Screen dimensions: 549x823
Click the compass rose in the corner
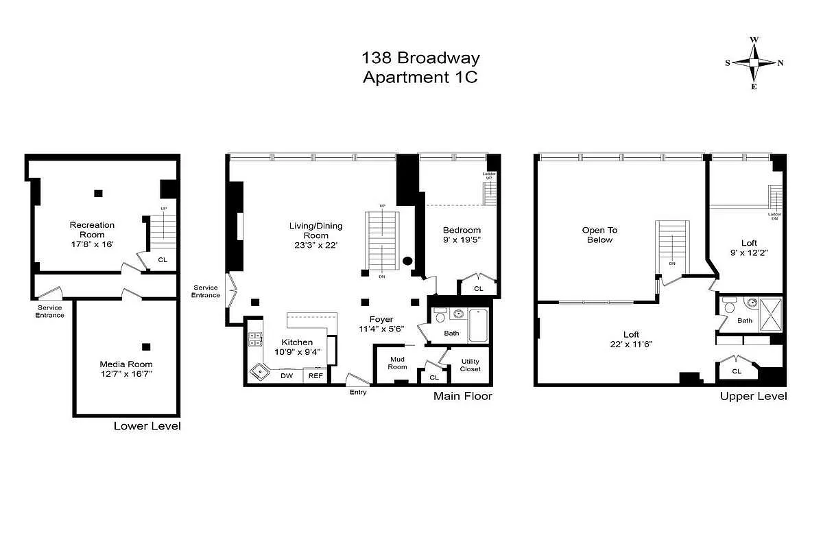753,62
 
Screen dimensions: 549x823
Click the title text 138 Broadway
421,58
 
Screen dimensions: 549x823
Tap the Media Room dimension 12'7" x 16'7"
126,374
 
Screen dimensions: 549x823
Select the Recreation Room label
92,229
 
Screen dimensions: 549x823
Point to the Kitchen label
297,342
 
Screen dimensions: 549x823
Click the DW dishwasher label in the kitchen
287,375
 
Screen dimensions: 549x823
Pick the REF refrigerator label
315,375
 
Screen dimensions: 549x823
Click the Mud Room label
398,363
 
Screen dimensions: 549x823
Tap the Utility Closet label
470,365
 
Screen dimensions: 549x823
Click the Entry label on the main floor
358,392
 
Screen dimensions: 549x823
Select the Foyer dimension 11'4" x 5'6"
381,329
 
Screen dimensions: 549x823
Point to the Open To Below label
599,235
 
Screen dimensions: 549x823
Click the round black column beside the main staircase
407,261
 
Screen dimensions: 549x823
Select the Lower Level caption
147,426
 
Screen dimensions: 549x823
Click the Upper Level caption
753,397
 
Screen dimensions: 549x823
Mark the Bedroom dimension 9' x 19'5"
462,240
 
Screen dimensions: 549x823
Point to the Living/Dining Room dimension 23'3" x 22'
315,245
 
